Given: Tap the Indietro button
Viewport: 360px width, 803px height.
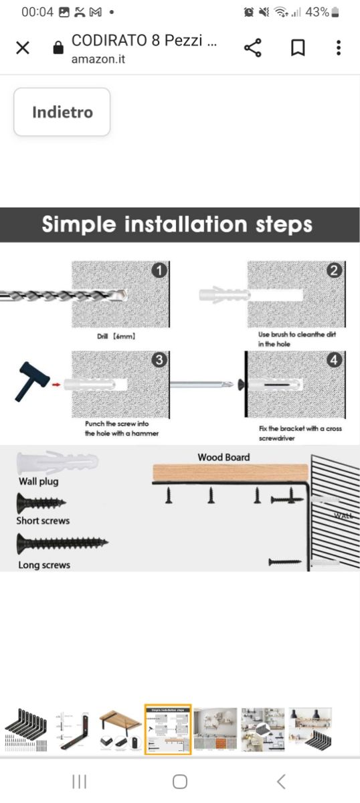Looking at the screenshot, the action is (x=62, y=112).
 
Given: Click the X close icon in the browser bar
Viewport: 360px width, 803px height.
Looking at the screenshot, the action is (x=23, y=48).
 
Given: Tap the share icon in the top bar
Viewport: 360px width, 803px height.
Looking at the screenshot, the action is (x=253, y=48).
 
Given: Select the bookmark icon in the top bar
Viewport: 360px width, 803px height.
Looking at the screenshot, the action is (x=298, y=48).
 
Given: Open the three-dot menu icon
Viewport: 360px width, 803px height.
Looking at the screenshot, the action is (x=339, y=48).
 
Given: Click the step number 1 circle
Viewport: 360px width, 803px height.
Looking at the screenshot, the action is (x=159, y=270).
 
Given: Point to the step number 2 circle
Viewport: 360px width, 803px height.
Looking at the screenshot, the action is (x=334, y=270).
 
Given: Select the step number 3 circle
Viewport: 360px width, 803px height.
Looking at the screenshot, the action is (x=159, y=359).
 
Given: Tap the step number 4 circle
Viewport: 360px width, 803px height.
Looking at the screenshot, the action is (x=334, y=359).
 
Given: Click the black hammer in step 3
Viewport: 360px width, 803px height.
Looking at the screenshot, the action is (x=31, y=381).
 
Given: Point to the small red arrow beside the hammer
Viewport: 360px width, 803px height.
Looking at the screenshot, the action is (x=56, y=385).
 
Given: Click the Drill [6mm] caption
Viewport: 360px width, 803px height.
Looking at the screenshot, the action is (x=116, y=336).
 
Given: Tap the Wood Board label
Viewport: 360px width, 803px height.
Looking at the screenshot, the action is (x=223, y=457).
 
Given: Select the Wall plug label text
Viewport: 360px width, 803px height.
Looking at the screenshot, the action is (x=38, y=481).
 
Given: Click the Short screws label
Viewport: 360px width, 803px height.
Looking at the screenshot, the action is (x=43, y=521).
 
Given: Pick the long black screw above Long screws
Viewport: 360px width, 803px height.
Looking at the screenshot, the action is (x=62, y=543).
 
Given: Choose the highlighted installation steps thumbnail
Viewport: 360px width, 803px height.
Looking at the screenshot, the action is (x=168, y=729).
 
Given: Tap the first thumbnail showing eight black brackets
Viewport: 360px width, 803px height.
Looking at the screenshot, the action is (x=26, y=729).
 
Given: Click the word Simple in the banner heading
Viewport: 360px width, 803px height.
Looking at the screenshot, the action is (x=79, y=225).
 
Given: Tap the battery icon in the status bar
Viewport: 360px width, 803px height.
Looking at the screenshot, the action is (x=335, y=12).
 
